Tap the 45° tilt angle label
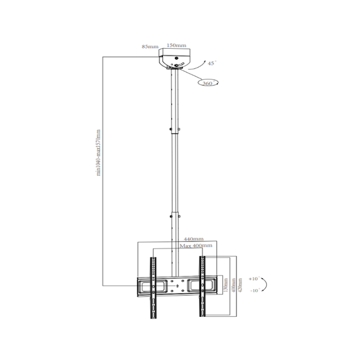pyautogui.click(x=211, y=63)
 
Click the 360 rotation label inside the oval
pyautogui.click(x=208, y=83)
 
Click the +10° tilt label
pyautogui.click(x=255, y=279)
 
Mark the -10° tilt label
pyautogui.click(x=255, y=290)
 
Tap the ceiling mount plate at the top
pyautogui.click(x=175, y=58)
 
